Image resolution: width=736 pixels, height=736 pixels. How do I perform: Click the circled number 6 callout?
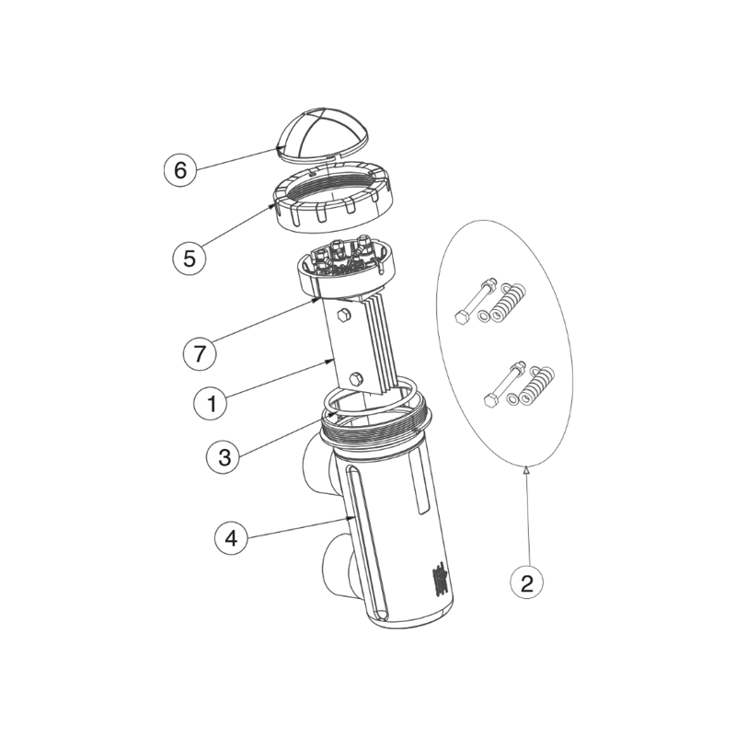[x=180, y=169]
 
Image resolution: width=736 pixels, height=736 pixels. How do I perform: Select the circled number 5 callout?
[x=190, y=259]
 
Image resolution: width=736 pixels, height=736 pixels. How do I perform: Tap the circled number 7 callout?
[x=200, y=353]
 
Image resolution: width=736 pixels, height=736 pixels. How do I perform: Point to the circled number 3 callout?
[x=224, y=456]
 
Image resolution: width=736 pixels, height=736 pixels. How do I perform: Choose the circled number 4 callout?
[x=232, y=539]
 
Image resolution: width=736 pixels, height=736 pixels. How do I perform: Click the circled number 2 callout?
[x=526, y=583]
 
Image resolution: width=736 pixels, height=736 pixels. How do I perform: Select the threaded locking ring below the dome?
[x=333, y=197]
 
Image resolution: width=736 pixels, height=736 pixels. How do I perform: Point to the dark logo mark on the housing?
[x=441, y=582]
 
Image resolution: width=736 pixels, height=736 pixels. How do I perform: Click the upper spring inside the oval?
[x=509, y=303]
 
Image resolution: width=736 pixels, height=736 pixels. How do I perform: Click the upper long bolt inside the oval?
[x=477, y=300]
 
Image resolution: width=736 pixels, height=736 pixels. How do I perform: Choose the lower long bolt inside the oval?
[x=504, y=384]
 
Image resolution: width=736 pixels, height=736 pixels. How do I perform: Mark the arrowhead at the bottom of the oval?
[x=526, y=467]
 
